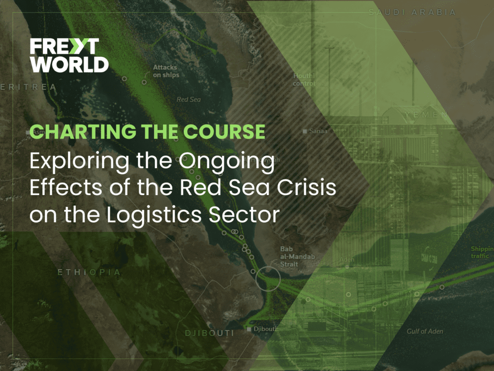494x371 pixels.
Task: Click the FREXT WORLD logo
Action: pos(69,55)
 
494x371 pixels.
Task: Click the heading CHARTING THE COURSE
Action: pos(148,132)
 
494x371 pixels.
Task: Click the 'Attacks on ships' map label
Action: pos(165,71)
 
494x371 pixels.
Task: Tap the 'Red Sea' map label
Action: pos(188,100)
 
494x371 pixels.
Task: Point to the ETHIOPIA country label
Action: pos(89,272)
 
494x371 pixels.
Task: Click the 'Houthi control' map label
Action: pos(304,80)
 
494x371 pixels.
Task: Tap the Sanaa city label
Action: pos(318,131)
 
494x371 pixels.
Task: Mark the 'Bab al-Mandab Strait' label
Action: pos(291,257)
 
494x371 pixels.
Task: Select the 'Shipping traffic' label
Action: pos(482,252)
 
